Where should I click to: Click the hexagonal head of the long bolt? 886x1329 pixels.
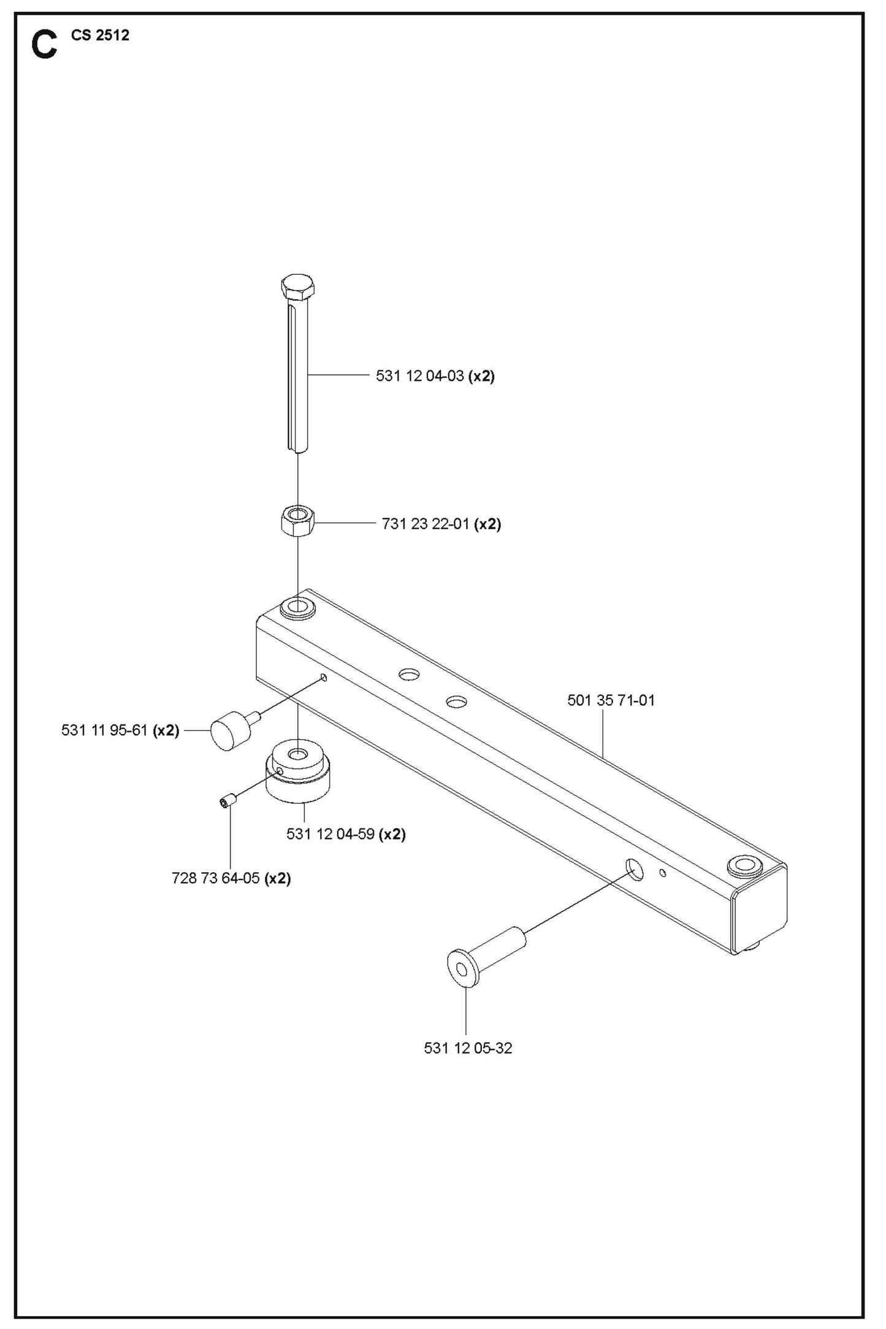pyautogui.click(x=297, y=286)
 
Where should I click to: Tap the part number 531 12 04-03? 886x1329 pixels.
pyautogui.click(x=419, y=376)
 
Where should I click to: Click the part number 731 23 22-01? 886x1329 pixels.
pyautogui.click(x=426, y=524)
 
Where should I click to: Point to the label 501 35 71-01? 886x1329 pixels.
pyautogui.click(x=611, y=700)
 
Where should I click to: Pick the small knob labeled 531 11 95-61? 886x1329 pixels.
pyautogui.click(x=228, y=731)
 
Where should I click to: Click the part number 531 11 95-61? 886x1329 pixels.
pyautogui.click(x=104, y=730)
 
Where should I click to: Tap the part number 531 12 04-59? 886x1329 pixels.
pyautogui.click(x=330, y=835)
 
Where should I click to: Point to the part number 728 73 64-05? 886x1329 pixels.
pyautogui.click(x=215, y=879)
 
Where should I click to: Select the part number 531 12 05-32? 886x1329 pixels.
pyautogui.click(x=468, y=1048)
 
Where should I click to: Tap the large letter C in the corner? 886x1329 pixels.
pyautogui.click(x=44, y=47)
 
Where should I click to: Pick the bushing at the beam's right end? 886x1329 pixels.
pyautogui.click(x=743, y=865)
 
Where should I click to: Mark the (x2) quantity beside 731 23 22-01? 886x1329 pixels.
pyautogui.click(x=489, y=524)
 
